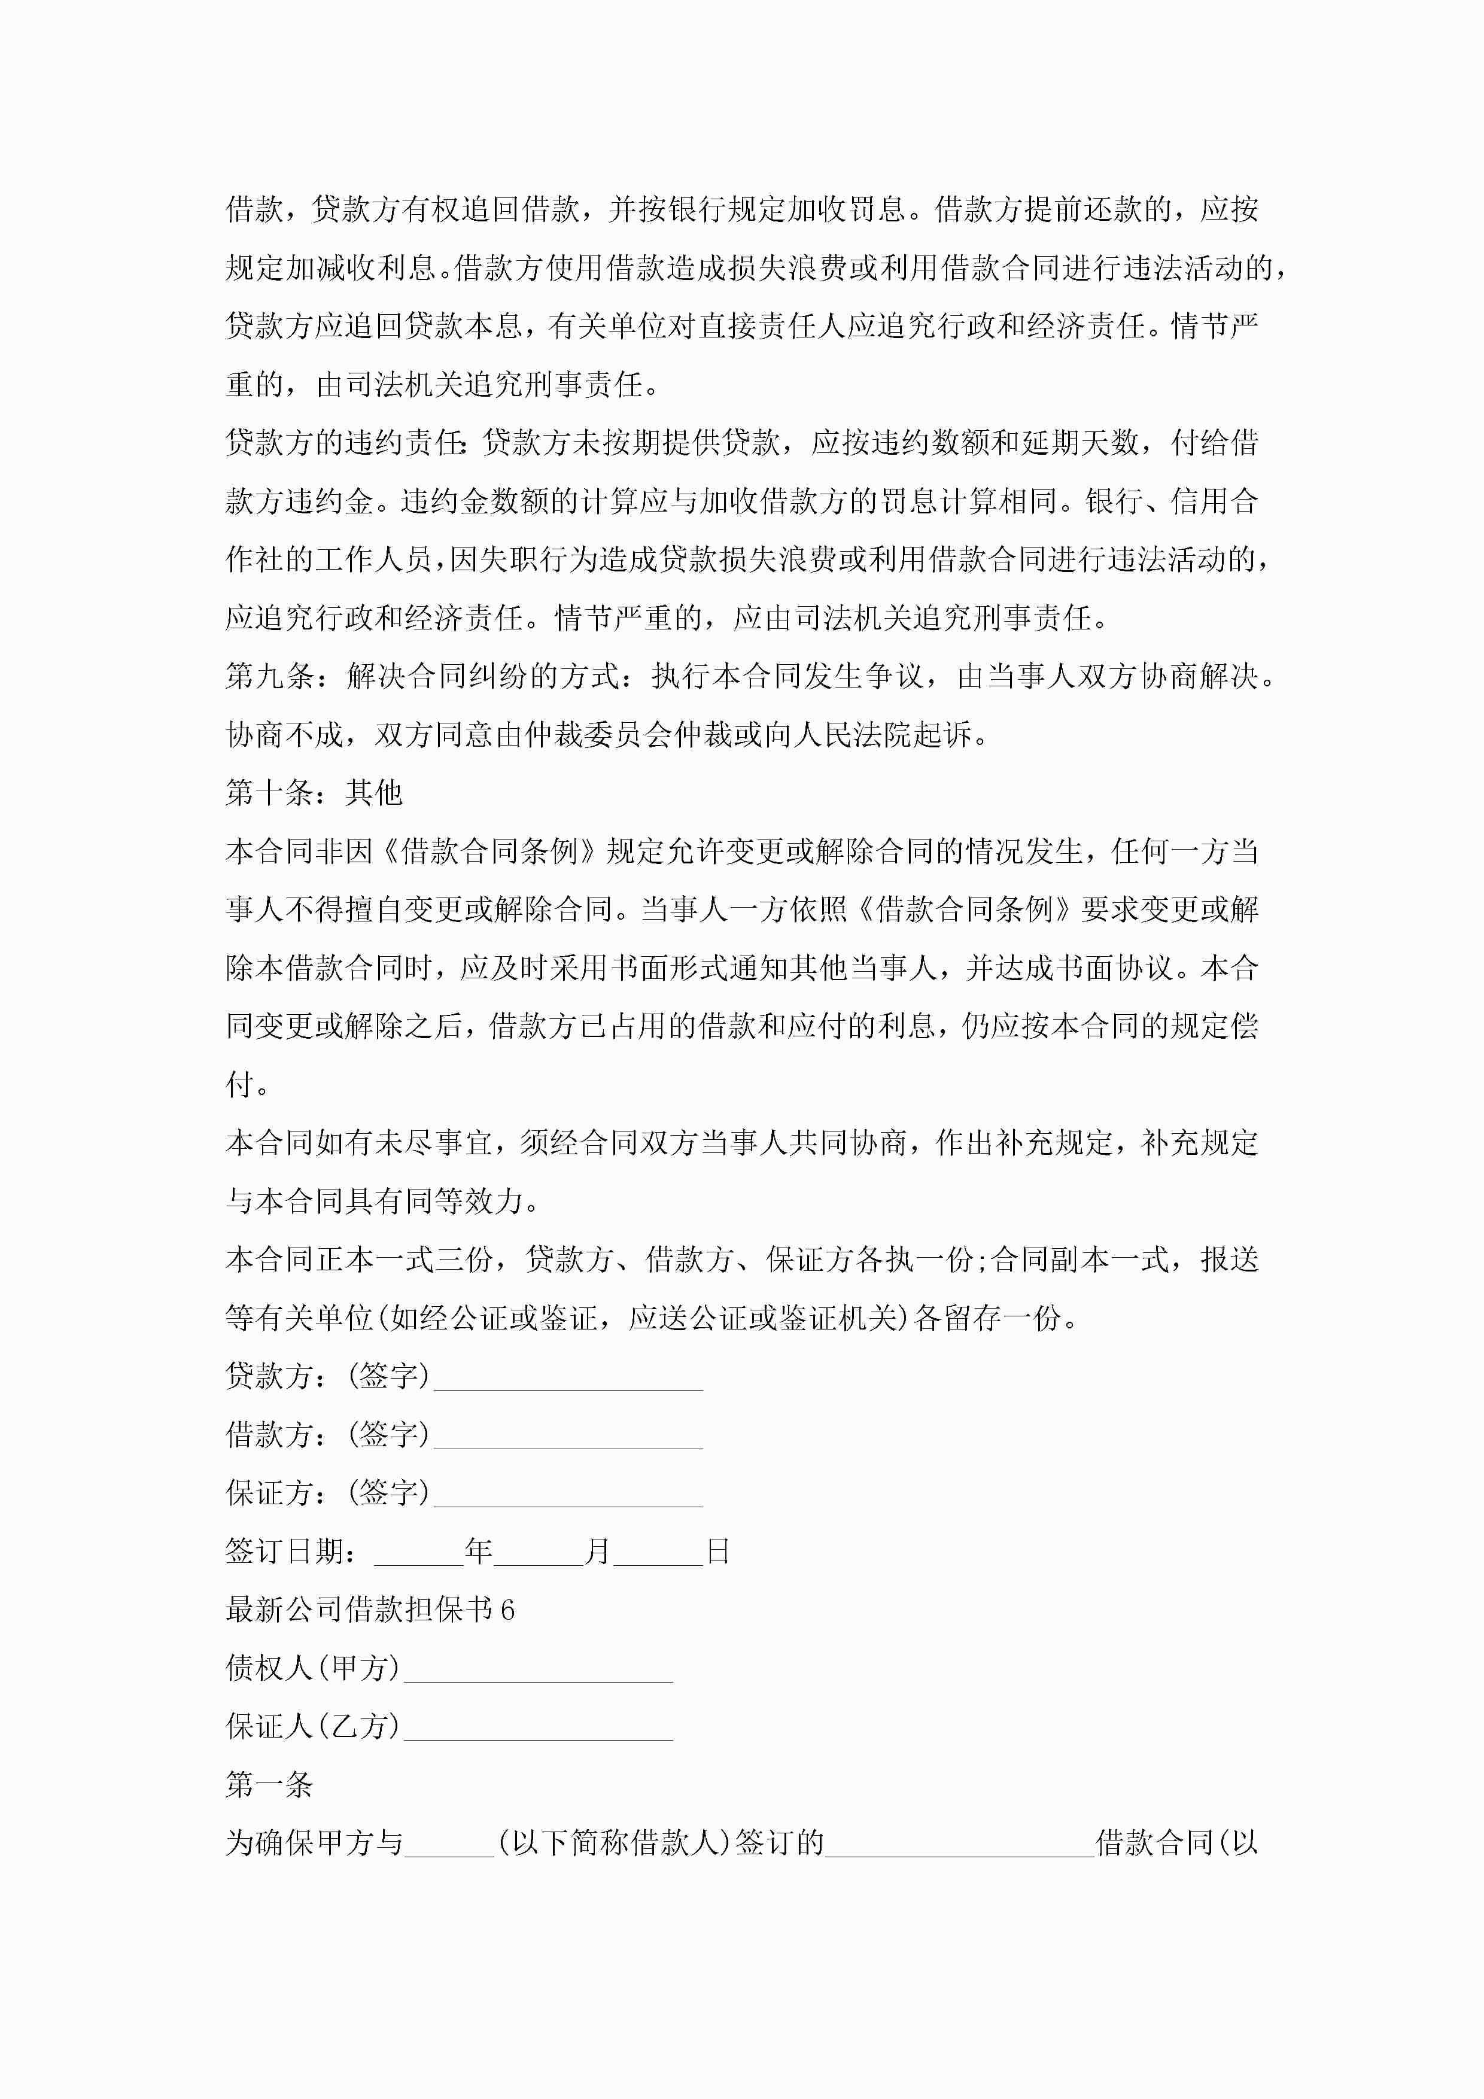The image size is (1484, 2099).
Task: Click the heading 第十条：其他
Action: click(314, 793)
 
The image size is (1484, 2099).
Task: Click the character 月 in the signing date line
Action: click(598, 1552)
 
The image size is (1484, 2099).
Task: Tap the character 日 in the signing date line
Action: click(718, 1552)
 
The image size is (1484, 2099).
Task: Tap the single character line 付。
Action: click(247, 1085)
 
